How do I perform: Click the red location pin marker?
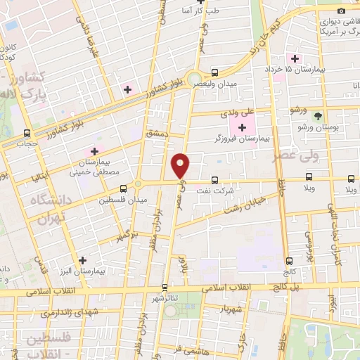181,165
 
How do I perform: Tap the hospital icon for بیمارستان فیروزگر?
243,127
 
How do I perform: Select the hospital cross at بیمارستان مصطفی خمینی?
94,150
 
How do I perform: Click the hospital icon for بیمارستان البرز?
84,260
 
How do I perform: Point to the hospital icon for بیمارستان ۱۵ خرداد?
295,58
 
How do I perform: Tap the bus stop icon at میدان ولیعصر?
215,72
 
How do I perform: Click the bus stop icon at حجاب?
27,132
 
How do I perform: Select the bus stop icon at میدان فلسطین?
124,188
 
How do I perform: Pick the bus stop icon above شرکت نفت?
215,180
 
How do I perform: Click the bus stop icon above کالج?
288,261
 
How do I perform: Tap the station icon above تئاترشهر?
165,287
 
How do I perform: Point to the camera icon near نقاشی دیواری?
342,10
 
